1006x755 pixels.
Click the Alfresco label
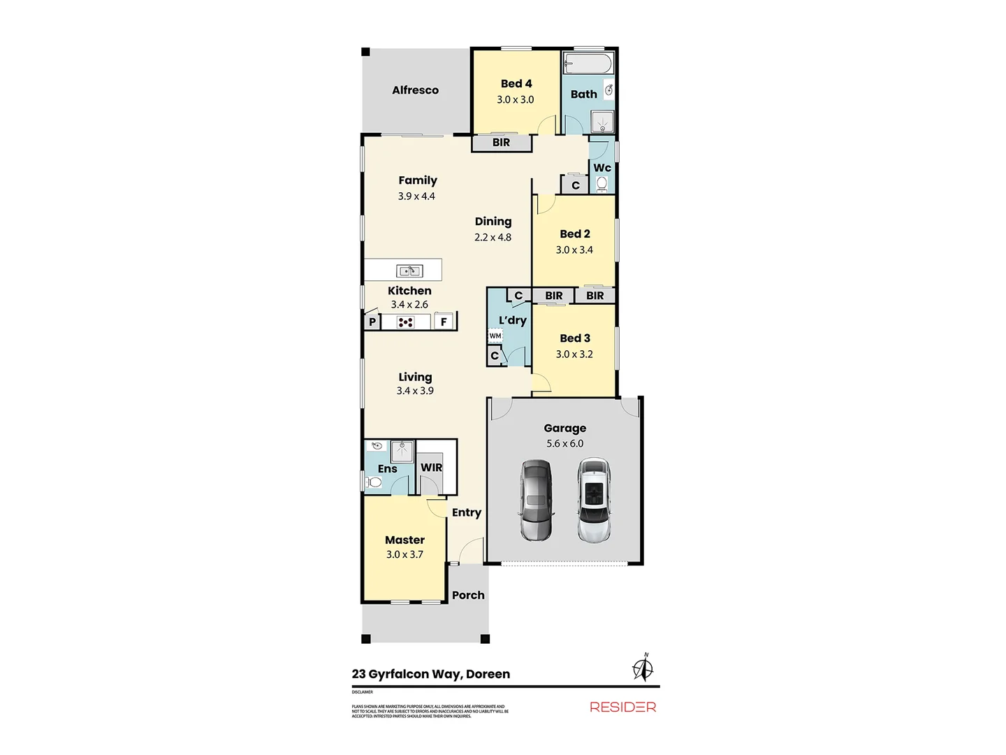415,90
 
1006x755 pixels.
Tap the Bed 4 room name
516,84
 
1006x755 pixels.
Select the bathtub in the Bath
588,64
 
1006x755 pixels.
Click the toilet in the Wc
602,184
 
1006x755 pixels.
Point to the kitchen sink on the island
409,271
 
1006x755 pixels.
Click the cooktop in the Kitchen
406,322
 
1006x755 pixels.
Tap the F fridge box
443,322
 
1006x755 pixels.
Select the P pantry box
372,322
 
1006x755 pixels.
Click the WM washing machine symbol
495,336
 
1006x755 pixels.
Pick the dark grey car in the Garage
536,500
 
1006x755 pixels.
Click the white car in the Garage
594,500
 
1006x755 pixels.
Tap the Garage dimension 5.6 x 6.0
564,443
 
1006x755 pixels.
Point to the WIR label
431,468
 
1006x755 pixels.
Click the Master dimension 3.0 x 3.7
404,554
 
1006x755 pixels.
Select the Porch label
468,595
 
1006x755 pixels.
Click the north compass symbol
643,667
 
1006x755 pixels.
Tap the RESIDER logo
622,707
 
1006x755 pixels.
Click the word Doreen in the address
488,674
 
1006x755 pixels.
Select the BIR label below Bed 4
501,143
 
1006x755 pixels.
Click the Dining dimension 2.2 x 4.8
493,237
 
